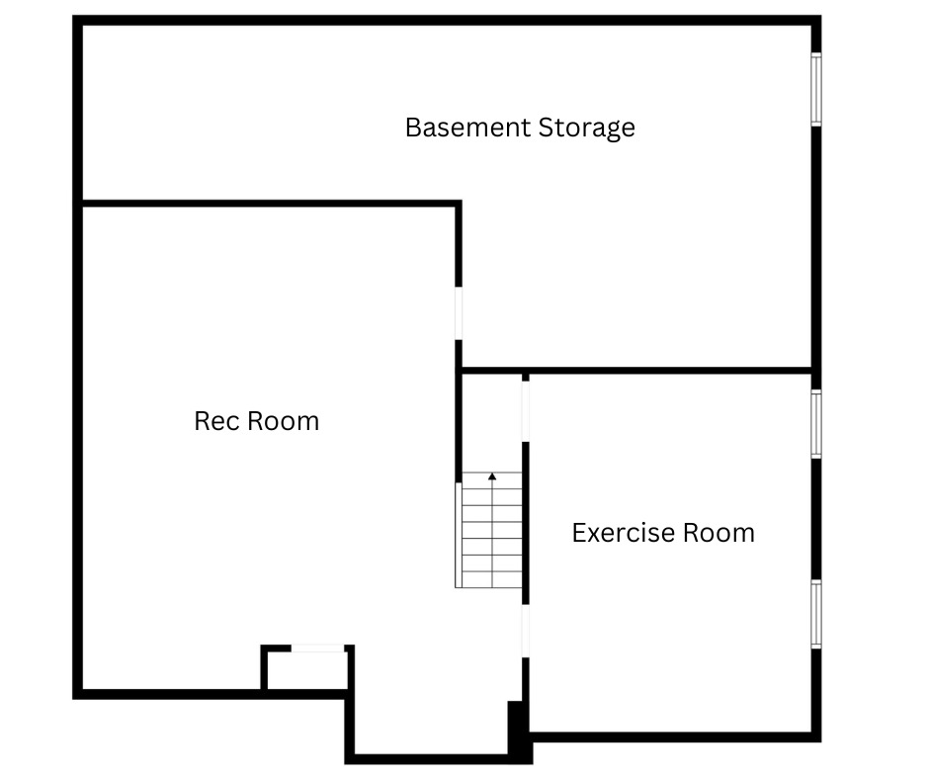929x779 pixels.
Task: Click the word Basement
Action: (x=467, y=128)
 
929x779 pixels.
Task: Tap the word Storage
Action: (x=586, y=129)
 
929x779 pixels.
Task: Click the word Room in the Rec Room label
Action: (x=284, y=421)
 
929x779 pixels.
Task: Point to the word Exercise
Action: (x=624, y=533)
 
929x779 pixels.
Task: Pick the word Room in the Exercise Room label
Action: (x=718, y=533)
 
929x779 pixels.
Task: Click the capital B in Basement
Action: (x=413, y=128)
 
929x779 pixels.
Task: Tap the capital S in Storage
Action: (x=546, y=128)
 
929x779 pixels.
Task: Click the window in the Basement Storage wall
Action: (x=815, y=90)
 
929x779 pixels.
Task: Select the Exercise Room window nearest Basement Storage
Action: (x=815, y=424)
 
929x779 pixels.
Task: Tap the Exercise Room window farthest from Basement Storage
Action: (x=815, y=614)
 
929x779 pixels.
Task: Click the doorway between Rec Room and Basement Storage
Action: (x=458, y=313)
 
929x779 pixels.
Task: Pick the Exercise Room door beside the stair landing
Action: (x=526, y=411)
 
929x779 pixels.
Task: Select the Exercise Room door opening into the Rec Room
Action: (x=526, y=631)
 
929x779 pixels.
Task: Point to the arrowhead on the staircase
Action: (x=492, y=476)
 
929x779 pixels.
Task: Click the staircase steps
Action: (x=489, y=530)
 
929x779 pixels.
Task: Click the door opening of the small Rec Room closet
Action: (x=317, y=649)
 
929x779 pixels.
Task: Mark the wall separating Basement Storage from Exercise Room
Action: (x=637, y=371)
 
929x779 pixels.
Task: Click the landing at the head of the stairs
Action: (x=492, y=423)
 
